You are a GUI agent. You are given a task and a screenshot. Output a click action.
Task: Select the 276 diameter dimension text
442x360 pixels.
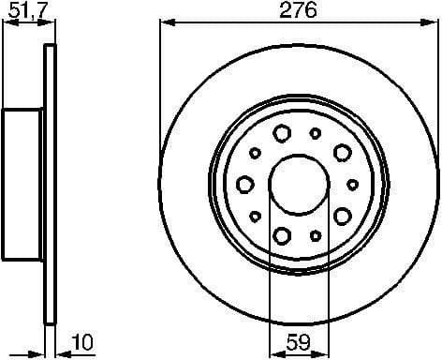[x=299, y=10]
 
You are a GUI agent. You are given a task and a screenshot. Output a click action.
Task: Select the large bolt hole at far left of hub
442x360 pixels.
[x=244, y=184]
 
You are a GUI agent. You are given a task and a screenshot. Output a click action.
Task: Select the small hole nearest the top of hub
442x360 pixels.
[x=316, y=133]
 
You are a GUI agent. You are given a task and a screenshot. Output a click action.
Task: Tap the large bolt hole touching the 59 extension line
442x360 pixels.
[x=282, y=234]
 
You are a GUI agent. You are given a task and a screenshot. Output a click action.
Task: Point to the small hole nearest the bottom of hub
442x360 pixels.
[x=316, y=234]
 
